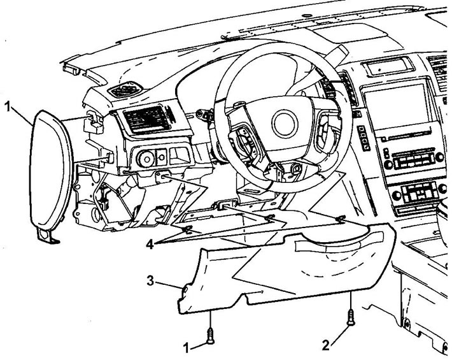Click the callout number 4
(150, 245)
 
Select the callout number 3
(150, 280)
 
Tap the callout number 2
(326, 345)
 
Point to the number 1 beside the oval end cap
(8, 107)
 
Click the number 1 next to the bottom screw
(187, 348)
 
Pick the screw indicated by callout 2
(351, 317)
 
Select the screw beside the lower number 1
(211, 336)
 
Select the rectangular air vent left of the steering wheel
(144, 119)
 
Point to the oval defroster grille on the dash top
(125, 90)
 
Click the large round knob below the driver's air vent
(145, 159)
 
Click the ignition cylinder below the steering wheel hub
(296, 169)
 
